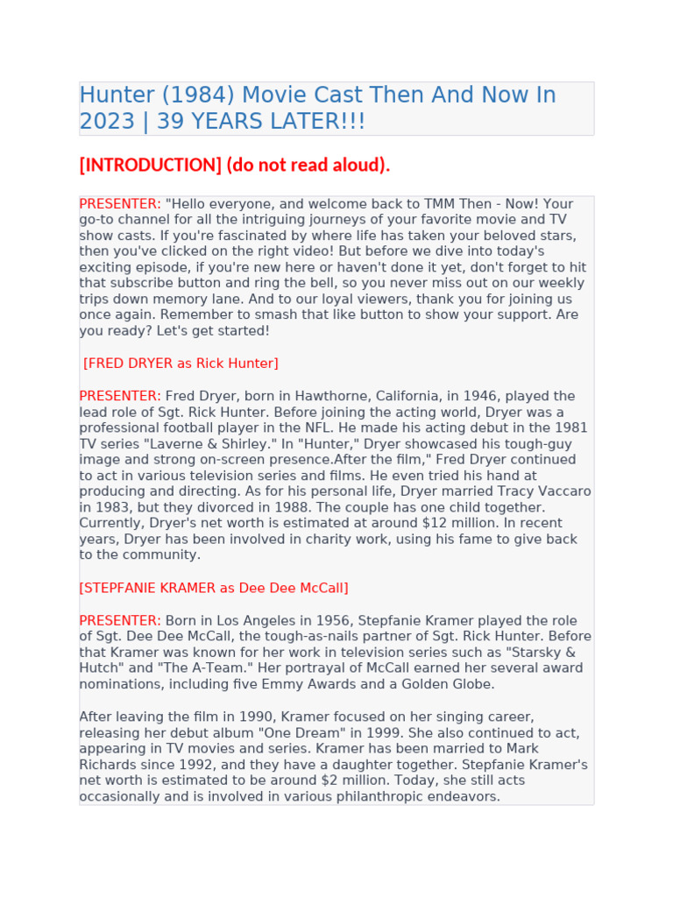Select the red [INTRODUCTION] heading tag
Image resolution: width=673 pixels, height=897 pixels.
pos(150,165)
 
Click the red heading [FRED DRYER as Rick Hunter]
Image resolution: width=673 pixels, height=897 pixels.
pos(181,363)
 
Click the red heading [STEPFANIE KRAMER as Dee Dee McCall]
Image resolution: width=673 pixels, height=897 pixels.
pos(214,587)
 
